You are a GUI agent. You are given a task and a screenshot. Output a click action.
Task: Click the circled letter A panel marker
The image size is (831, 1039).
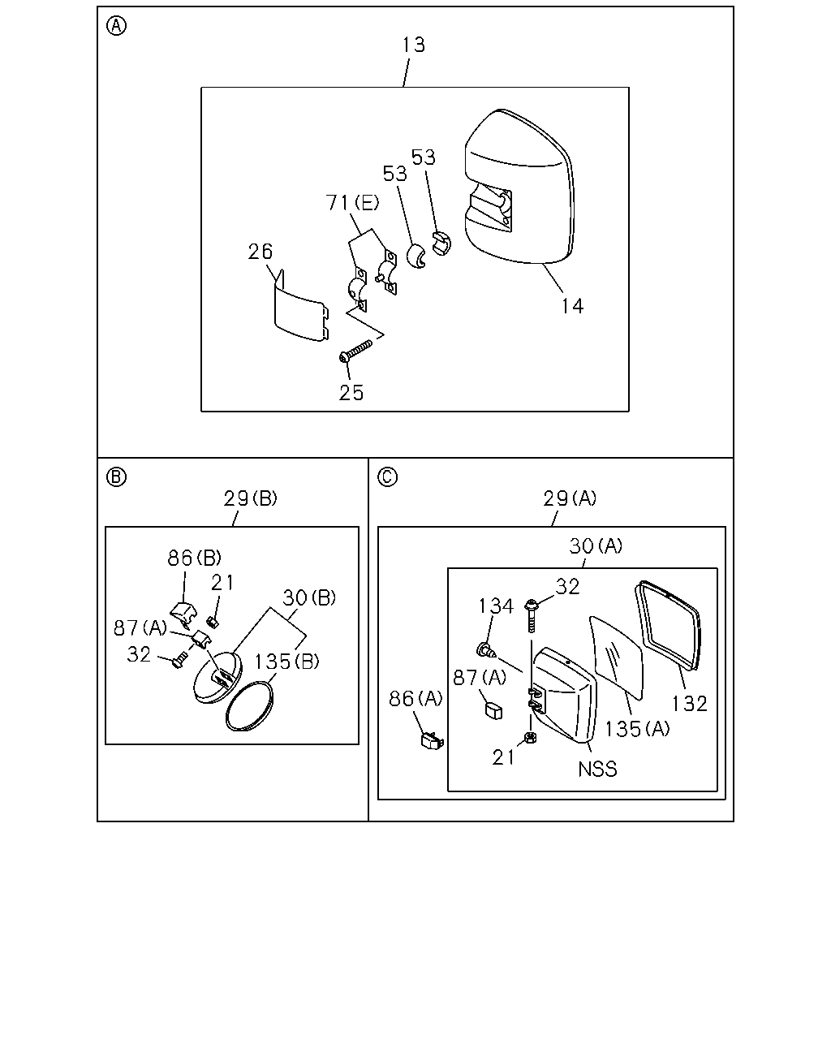click(116, 26)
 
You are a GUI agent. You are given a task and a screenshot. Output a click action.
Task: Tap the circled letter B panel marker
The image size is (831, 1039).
click(116, 477)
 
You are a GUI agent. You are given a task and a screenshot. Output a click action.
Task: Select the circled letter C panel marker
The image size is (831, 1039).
click(387, 477)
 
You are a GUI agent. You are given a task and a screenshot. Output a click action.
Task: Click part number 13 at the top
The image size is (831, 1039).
click(414, 45)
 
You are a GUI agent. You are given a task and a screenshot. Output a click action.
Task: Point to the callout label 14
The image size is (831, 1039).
click(572, 306)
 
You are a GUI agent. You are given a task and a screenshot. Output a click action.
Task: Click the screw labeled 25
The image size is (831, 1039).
click(356, 351)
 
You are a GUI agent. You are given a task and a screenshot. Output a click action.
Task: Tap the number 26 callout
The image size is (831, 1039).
click(260, 252)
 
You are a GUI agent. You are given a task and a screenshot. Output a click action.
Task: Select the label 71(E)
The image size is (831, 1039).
click(352, 203)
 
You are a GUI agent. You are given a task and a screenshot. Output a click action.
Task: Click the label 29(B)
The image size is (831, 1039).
click(251, 498)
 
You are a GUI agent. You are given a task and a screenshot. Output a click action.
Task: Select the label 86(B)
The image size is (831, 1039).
click(194, 558)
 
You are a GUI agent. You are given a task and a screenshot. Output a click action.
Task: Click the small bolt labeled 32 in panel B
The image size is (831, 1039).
click(180, 659)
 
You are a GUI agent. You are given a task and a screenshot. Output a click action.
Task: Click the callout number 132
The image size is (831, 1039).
click(690, 704)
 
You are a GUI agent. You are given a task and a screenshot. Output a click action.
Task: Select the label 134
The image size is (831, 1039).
click(496, 606)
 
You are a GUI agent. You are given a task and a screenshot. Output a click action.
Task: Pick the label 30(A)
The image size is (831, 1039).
click(596, 546)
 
